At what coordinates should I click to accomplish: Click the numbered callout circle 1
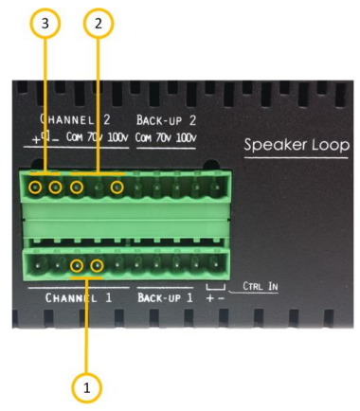pyautogui.click(x=88, y=387)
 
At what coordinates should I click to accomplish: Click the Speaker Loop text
pyautogui.click(x=296, y=146)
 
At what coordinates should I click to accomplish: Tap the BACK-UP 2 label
pyautogui.click(x=167, y=121)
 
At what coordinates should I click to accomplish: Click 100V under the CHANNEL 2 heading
pyautogui.click(x=117, y=137)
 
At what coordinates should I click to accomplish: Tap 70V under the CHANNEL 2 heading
pyautogui.click(x=96, y=137)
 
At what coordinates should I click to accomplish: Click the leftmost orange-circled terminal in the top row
pyautogui.click(x=35, y=187)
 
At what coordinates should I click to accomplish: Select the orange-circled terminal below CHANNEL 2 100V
pyautogui.click(x=117, y=187)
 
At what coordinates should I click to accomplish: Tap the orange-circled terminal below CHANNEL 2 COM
pyautogui.click(x=76, y=187)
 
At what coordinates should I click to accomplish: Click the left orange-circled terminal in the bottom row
pyautogui.click(x=77, y=266)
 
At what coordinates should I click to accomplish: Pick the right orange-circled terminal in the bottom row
pyautogui.click(x=97, y=266)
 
